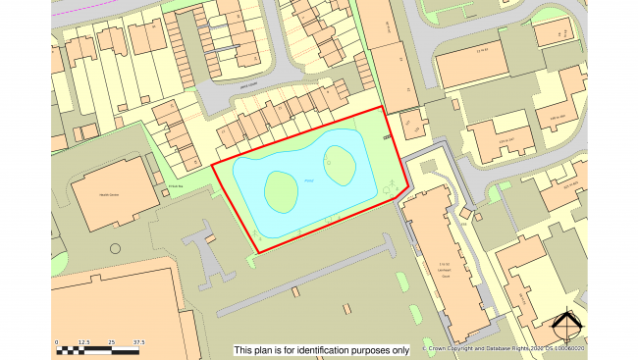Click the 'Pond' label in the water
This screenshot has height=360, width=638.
coord(309,180)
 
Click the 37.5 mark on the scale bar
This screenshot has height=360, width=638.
coord(138,342)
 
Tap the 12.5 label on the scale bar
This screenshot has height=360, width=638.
coord(84,342)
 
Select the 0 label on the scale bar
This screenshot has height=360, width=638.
coord(57,342)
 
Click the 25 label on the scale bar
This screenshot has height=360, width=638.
coord(112,342)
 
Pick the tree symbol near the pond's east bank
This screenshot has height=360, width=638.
coord(390,182)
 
